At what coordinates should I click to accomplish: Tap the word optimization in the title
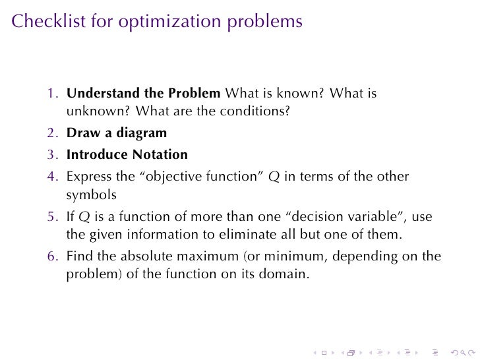click(160, 22)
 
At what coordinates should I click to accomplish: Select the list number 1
click(51, 94)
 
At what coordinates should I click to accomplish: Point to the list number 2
click(51, 133)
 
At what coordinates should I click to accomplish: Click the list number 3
click(51, 155)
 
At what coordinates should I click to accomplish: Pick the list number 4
click(51, 177)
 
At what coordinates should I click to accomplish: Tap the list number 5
click(51, 216)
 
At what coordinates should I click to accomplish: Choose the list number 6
click(51, 256)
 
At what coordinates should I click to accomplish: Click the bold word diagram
click(142, 133)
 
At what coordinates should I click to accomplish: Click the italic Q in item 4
click(274, 177)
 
